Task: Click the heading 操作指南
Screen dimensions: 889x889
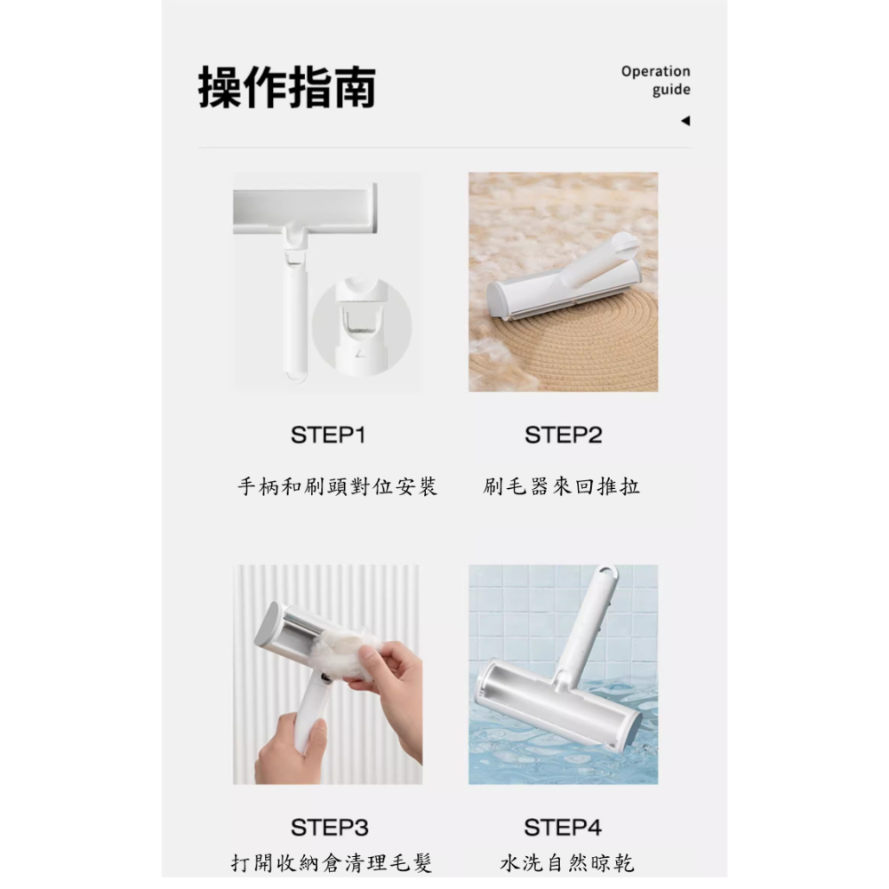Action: click(x=286, y=87)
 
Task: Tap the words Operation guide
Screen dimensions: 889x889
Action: click(x=655, y=80)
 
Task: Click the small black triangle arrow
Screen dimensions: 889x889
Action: click(x=685, y=121)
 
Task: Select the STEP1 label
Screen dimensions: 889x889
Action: click(x=328, y=435)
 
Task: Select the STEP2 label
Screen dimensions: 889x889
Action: click(x=563, y=435)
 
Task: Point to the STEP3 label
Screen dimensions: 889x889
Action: click(x=329, y=828)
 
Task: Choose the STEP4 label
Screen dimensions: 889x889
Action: click(x=563, y=828)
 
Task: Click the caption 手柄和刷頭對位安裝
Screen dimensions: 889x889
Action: click(x=337, y=486)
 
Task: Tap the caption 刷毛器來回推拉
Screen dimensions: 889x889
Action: click(x=562, y=486)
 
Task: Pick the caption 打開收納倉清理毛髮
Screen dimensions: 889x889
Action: click(x=332, y=863)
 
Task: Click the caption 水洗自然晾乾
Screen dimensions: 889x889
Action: click(x=567, y=863)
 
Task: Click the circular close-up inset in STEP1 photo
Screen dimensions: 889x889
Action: click(x=361, y=324)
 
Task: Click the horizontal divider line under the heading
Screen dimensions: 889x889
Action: click(x=444, y=148)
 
